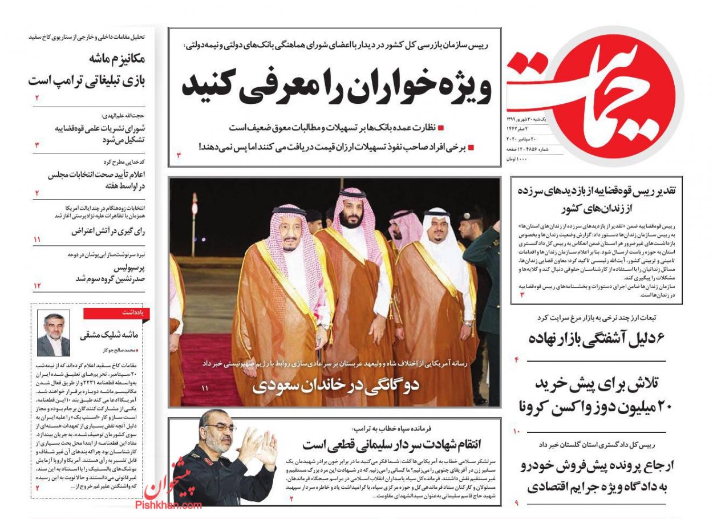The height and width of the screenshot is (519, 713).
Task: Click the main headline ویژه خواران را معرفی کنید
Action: [x=337, y=87]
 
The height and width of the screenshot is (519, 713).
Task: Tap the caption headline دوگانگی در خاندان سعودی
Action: [x=336, y=384]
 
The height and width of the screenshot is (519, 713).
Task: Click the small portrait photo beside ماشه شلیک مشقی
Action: [x=54, y=333]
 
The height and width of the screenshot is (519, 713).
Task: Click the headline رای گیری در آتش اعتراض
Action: [x=108, y=231]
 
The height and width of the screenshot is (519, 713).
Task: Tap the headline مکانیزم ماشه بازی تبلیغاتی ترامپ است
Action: [x=88, y=70]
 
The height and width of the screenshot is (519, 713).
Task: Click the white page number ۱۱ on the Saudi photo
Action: [x=205, y=388]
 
